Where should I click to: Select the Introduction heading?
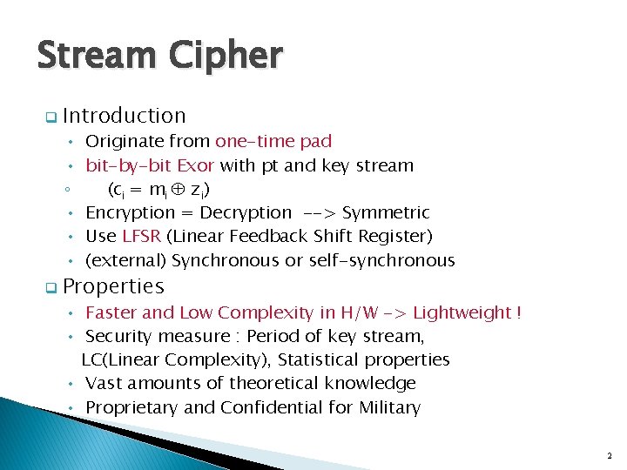pos(125,116)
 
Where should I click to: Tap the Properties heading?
pos(113,286)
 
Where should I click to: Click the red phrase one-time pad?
pos(273,141)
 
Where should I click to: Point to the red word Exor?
pos(196,165)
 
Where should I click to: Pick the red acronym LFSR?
pos(141,236)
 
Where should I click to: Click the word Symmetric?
pos(386,212)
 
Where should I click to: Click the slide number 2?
pos(609,455)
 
